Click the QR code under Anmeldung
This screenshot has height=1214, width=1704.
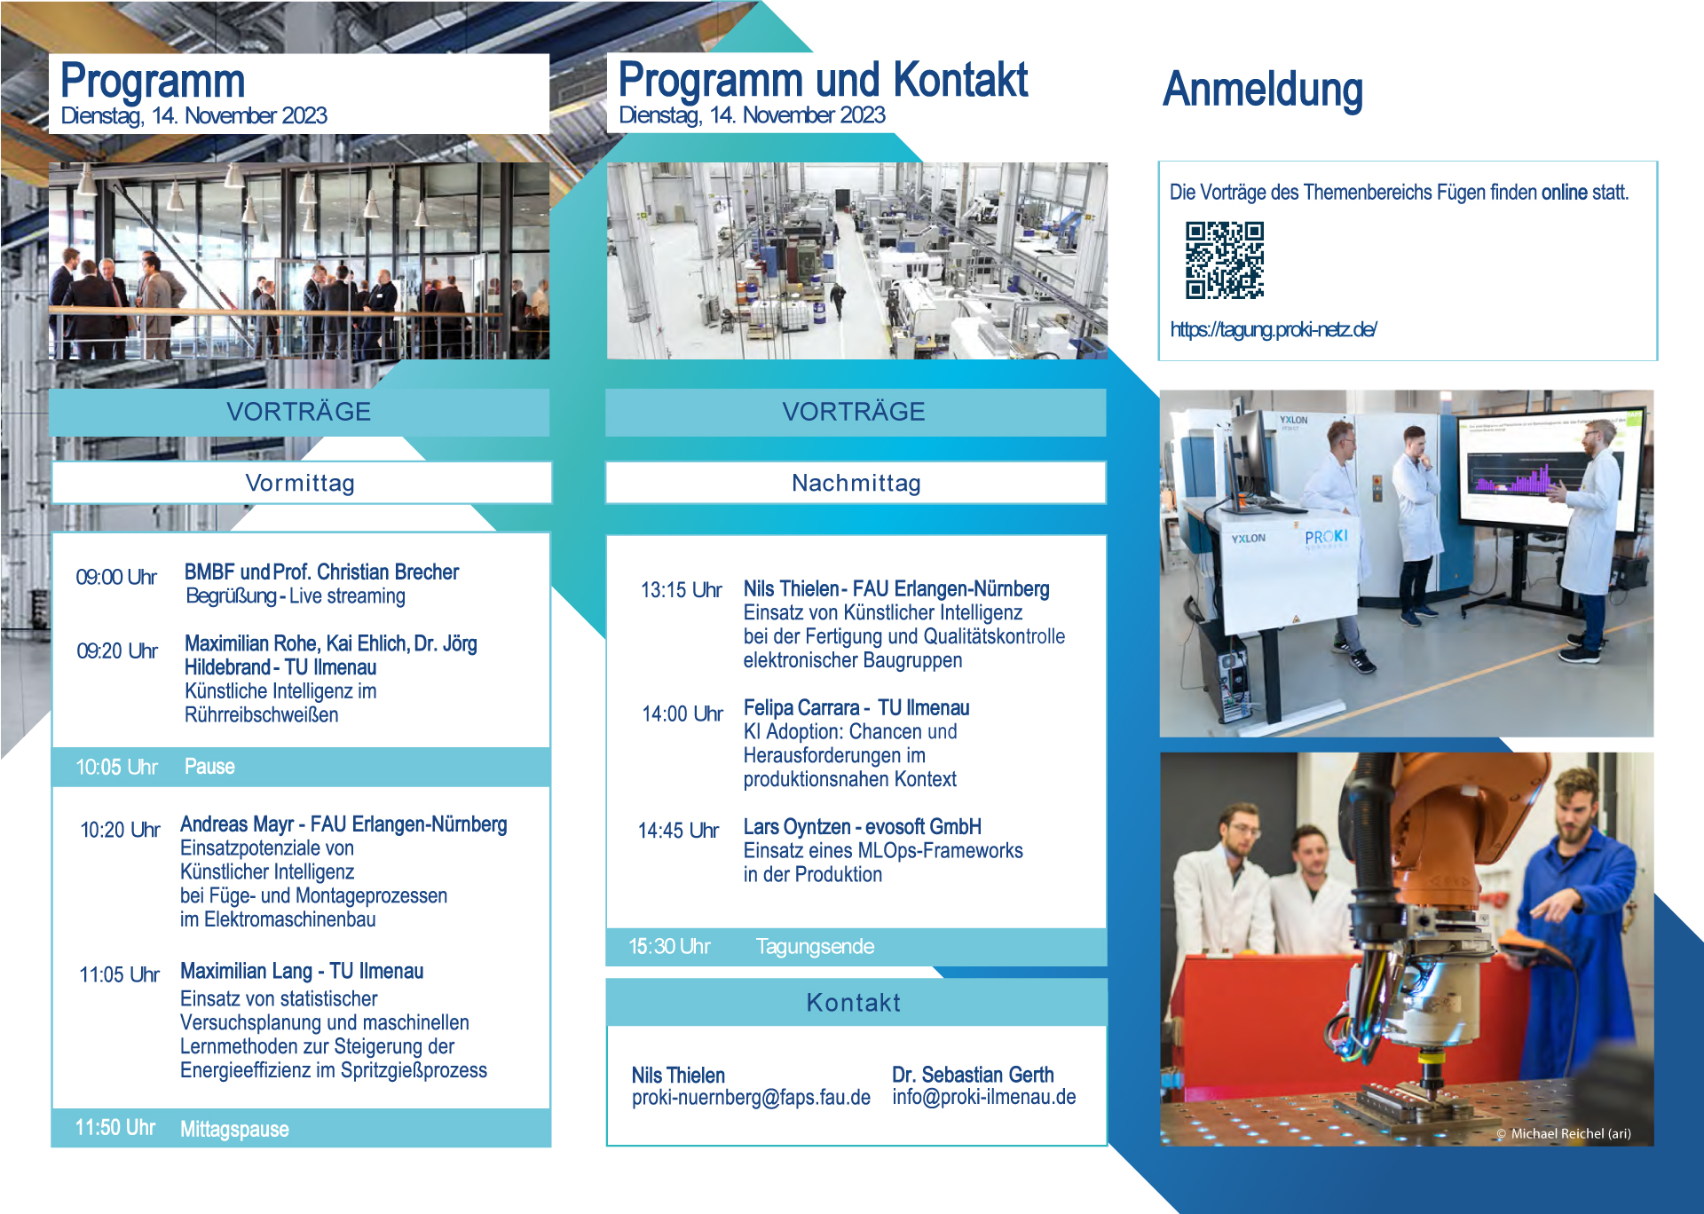(x=1225, y=260)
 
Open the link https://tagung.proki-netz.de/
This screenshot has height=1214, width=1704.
(x=1273, y=330)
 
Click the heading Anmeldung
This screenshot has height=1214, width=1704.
(x=1262, y=91)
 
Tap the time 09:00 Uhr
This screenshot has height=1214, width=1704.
(x=116, y=578)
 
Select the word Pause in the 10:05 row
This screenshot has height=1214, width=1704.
(x=209, y=767)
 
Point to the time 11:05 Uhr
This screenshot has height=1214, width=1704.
(x=119, y=975)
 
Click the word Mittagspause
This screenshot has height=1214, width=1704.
(x=234, y=1130)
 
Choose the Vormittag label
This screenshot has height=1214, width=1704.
(x=300, y=484)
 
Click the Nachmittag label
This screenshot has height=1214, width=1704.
(x=856, y=484)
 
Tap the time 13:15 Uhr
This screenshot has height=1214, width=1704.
(x=681, y=591)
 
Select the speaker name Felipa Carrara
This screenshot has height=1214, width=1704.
(x=801, y=708)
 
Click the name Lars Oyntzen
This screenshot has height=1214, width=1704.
(x=797, y=827)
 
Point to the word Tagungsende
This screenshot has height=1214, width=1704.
(x=815, y=947)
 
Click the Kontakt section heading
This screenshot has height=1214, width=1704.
(x=853, y=1003)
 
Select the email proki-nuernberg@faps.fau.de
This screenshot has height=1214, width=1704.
(x=751, y=1098)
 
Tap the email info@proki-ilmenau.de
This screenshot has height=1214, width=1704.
(x=983, y=1097)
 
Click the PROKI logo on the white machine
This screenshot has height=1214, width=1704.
(x=1326, y=537)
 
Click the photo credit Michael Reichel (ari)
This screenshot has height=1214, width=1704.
(x=1570, y=1133)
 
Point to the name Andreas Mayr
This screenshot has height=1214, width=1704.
(x=237, y=824)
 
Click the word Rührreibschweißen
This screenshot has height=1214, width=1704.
(x=261, y=715)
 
